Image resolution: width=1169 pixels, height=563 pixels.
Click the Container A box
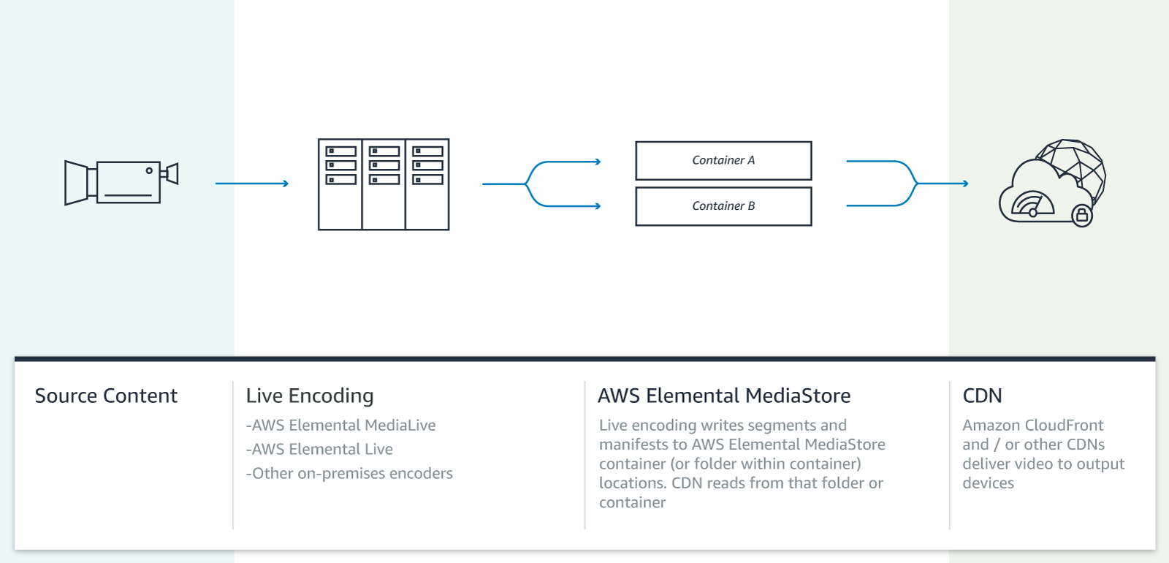click(723, 160)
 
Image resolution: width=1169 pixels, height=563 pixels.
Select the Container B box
click(723, 206)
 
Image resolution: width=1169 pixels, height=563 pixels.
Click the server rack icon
click(384, 184)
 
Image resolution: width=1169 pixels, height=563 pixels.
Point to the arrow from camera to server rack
click(252, 184)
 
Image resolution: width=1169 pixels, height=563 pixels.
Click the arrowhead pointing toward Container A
click(597, 162)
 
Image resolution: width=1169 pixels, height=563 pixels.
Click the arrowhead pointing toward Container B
click(597, 206)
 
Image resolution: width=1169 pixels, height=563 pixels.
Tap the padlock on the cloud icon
click(1082, 216)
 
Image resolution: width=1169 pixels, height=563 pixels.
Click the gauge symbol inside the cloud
click(1032, 205)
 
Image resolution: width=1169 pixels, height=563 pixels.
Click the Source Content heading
click(106, 396)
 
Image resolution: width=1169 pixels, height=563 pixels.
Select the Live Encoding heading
click(310, 396)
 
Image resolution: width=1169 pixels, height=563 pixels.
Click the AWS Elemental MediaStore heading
click(724, 396)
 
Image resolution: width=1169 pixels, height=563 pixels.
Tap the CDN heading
click(982, 396)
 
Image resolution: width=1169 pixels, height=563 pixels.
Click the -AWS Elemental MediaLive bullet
click(340, 425)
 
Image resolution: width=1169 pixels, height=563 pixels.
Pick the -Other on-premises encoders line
click(349, 473)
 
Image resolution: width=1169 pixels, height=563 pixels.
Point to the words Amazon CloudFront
click(1032, 425)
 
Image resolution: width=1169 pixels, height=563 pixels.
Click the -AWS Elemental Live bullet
click(319, 449)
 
